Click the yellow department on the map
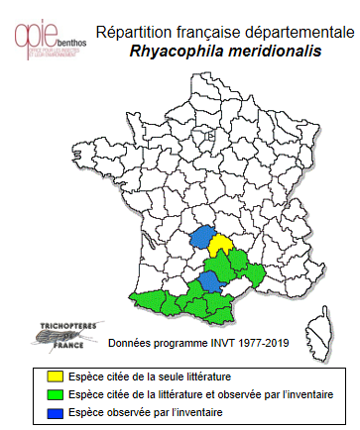coord(220,245)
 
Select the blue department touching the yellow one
coord(203,238)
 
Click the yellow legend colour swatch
coord(56,376)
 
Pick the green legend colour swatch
coord(56,393)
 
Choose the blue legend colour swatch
coord(56,410)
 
